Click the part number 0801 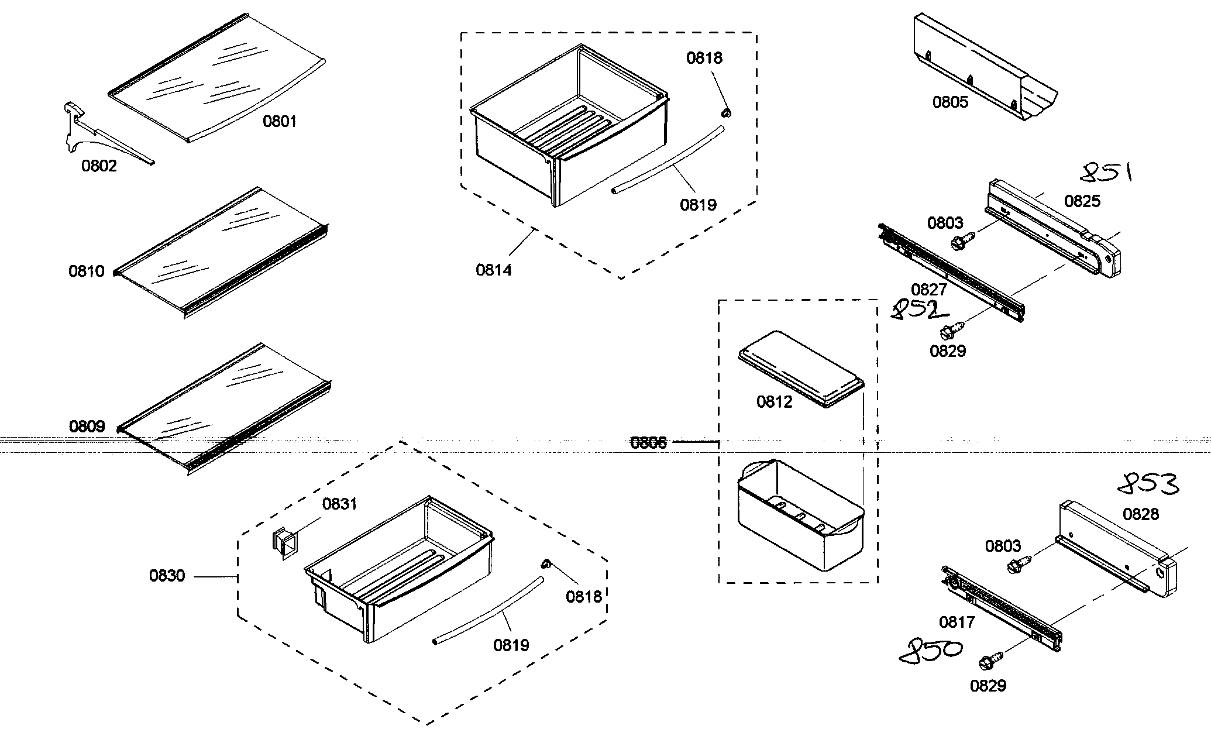279,122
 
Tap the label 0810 86,271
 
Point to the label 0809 87,427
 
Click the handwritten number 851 1106,173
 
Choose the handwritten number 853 1147,483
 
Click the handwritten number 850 930,652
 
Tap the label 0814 493,270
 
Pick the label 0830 167,576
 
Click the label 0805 950,102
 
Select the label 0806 648,443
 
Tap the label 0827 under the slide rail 928,290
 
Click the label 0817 957,623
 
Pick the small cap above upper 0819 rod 726,111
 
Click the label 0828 1140,514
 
